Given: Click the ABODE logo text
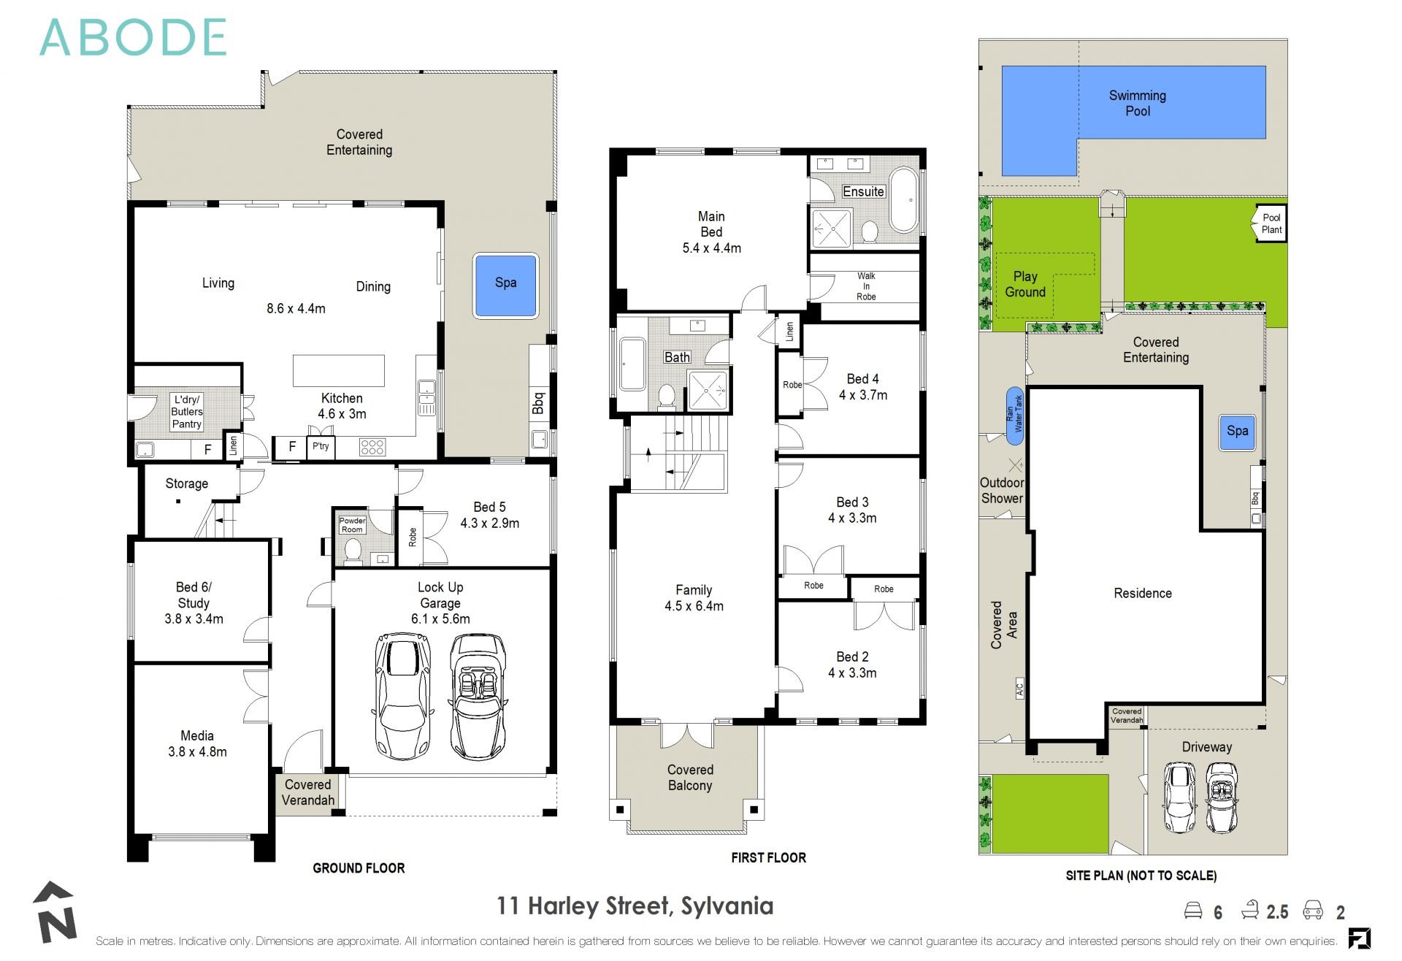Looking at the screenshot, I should (x=133, y=38).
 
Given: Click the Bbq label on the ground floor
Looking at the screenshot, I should (x=539, y=403).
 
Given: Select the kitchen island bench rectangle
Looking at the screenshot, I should (x=339, y=370).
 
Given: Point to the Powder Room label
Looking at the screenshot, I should (x=352, y=525).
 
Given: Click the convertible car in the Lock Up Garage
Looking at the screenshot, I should (x=477, y=697).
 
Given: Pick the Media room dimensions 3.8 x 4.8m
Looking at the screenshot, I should (x=197, y=751).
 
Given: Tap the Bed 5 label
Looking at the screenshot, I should (x=489, y=507).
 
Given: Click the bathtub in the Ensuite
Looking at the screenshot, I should (x=903, y=200).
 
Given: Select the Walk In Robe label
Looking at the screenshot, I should (x=866, y=286).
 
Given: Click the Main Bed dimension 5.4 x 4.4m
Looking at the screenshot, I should (x=711, y=248).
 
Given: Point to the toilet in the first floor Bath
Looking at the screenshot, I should (x=666, y=396).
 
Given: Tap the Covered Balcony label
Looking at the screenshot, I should (x=690, y=778).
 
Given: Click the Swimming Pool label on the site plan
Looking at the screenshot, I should (x=1137, y=103).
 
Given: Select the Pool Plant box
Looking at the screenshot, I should (x=1271, y=223).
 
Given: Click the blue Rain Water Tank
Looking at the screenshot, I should (x=1014, y=416).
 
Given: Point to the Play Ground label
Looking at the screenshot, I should (x=1024, y=284).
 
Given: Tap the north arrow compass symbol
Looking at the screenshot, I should (x=55, y=913).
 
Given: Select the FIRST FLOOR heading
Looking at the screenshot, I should (x=768, y=858).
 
